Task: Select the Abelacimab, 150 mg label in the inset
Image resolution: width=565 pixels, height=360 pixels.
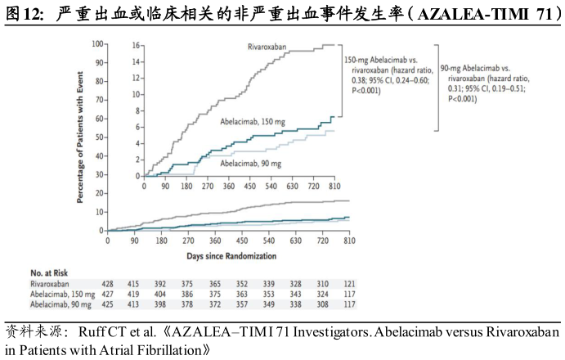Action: click(x=253, y=121)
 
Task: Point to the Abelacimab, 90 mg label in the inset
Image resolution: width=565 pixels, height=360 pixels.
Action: click(x=252, y=163)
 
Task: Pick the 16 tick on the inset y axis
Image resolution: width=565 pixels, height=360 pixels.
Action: click(x=137, y=45)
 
